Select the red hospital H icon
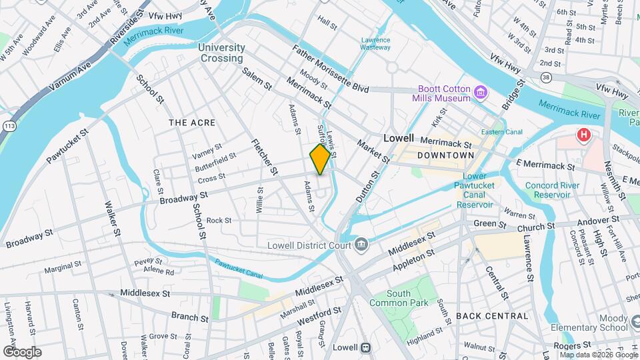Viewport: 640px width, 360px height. point(584,136)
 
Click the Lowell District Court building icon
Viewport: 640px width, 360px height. point(361,244)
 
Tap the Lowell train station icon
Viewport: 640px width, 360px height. point(365,347)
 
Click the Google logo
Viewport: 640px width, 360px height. point(21,352)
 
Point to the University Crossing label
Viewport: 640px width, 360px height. point(221,53)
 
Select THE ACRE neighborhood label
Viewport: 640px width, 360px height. point(190,123)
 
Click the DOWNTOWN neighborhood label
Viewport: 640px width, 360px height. point(445,155)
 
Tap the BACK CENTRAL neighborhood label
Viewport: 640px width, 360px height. point(492,315)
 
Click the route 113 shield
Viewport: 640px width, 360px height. point(9,125)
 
